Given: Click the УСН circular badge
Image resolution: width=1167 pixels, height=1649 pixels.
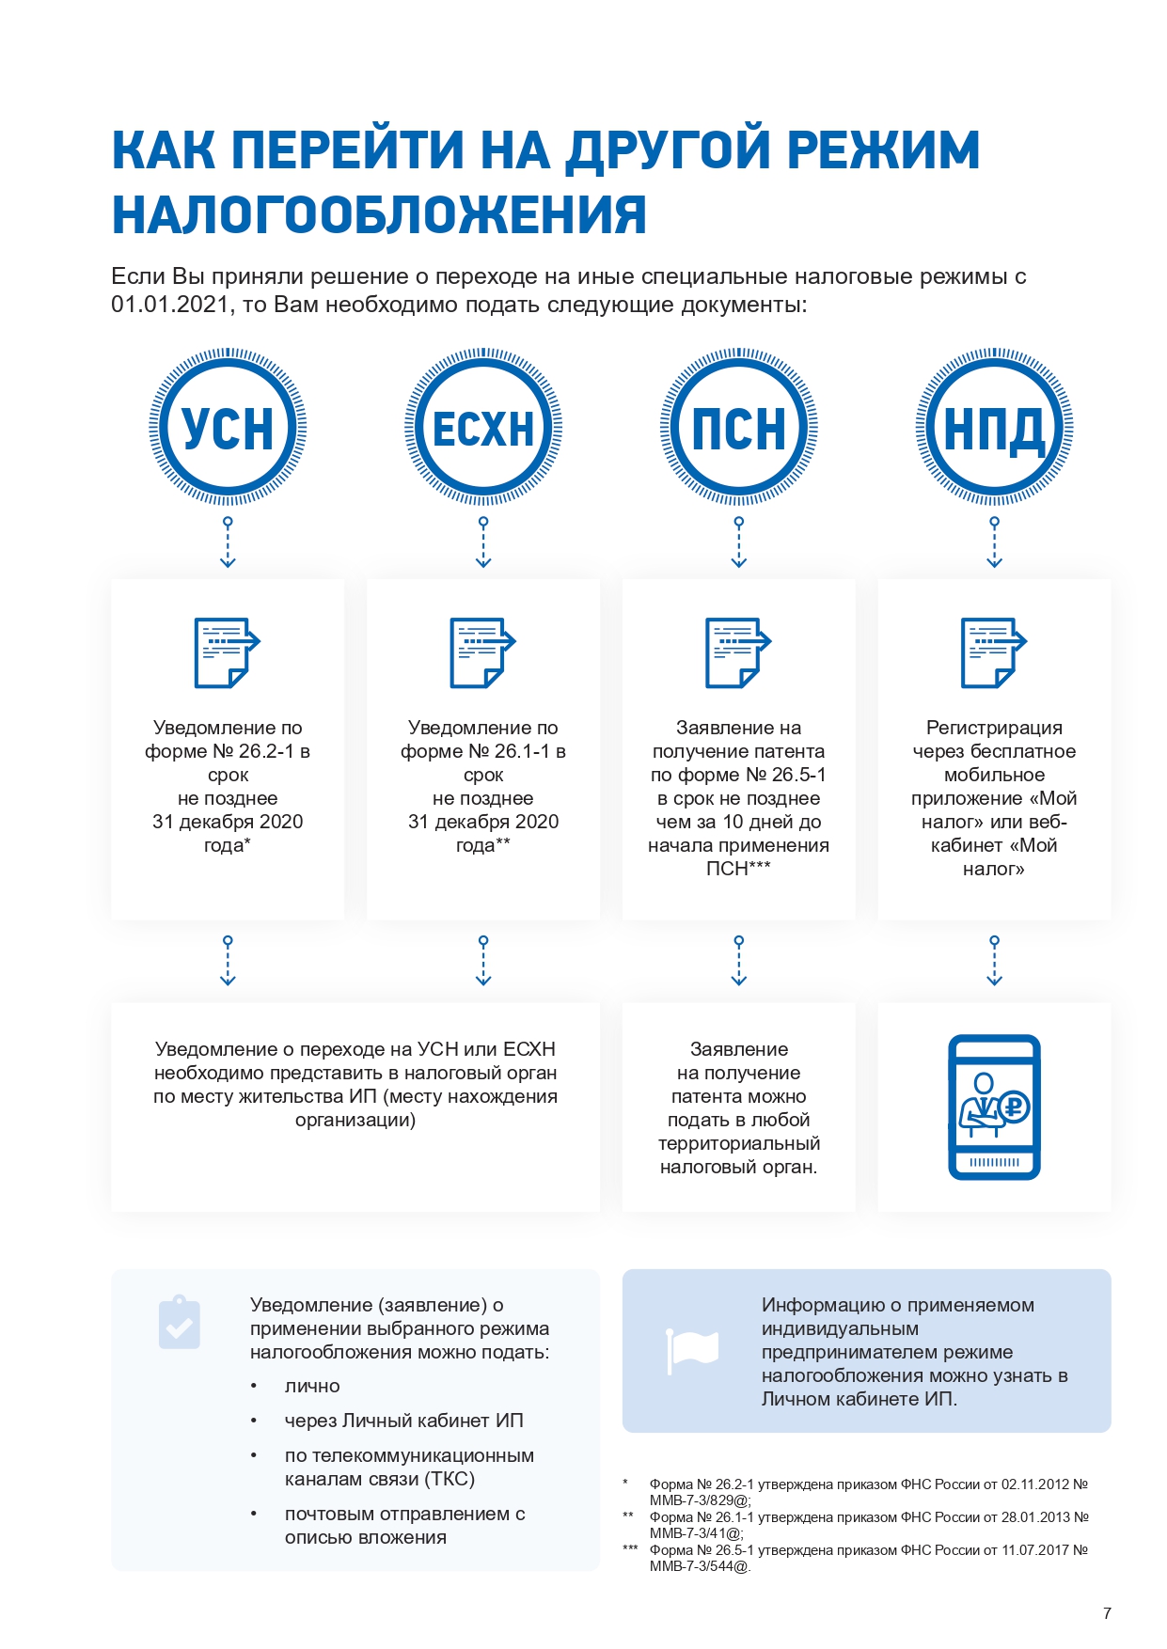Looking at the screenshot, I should click(228, 428).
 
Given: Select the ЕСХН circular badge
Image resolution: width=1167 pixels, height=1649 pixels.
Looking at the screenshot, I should click(483, 428).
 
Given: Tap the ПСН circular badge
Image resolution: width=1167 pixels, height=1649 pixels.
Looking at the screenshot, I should click(739, 428).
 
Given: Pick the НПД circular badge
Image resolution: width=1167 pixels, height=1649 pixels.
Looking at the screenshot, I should click(995, 428).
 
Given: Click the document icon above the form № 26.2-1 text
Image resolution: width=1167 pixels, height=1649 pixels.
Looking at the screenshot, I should click(227, 652).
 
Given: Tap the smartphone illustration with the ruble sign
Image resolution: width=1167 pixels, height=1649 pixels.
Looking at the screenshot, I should click(994, 1107).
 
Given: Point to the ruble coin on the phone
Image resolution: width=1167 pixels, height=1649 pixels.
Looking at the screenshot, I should click(1014, 1107).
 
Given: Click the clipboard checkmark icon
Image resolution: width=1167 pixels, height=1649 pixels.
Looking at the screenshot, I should click(180, 1323).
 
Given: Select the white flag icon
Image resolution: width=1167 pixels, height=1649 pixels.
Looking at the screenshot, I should click(692, 1350).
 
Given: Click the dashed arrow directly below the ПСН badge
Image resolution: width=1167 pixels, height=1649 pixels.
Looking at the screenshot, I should click(739, 542).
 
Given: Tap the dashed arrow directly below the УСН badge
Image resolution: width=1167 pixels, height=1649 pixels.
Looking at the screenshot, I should click(228, 542).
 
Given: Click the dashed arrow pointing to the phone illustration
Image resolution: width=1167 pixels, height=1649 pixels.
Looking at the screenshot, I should click(995, 961).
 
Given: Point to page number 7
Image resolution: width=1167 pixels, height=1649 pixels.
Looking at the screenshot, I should click(1107, 1613).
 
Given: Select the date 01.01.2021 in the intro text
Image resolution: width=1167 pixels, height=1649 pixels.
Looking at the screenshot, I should click(170, 305).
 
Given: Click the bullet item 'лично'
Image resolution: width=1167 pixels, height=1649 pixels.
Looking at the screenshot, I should click(312, 1386).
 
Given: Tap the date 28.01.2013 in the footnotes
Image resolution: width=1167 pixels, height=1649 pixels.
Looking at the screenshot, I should click(1033, 1516).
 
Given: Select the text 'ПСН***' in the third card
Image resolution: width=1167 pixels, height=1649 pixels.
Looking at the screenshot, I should click(738, 869).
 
